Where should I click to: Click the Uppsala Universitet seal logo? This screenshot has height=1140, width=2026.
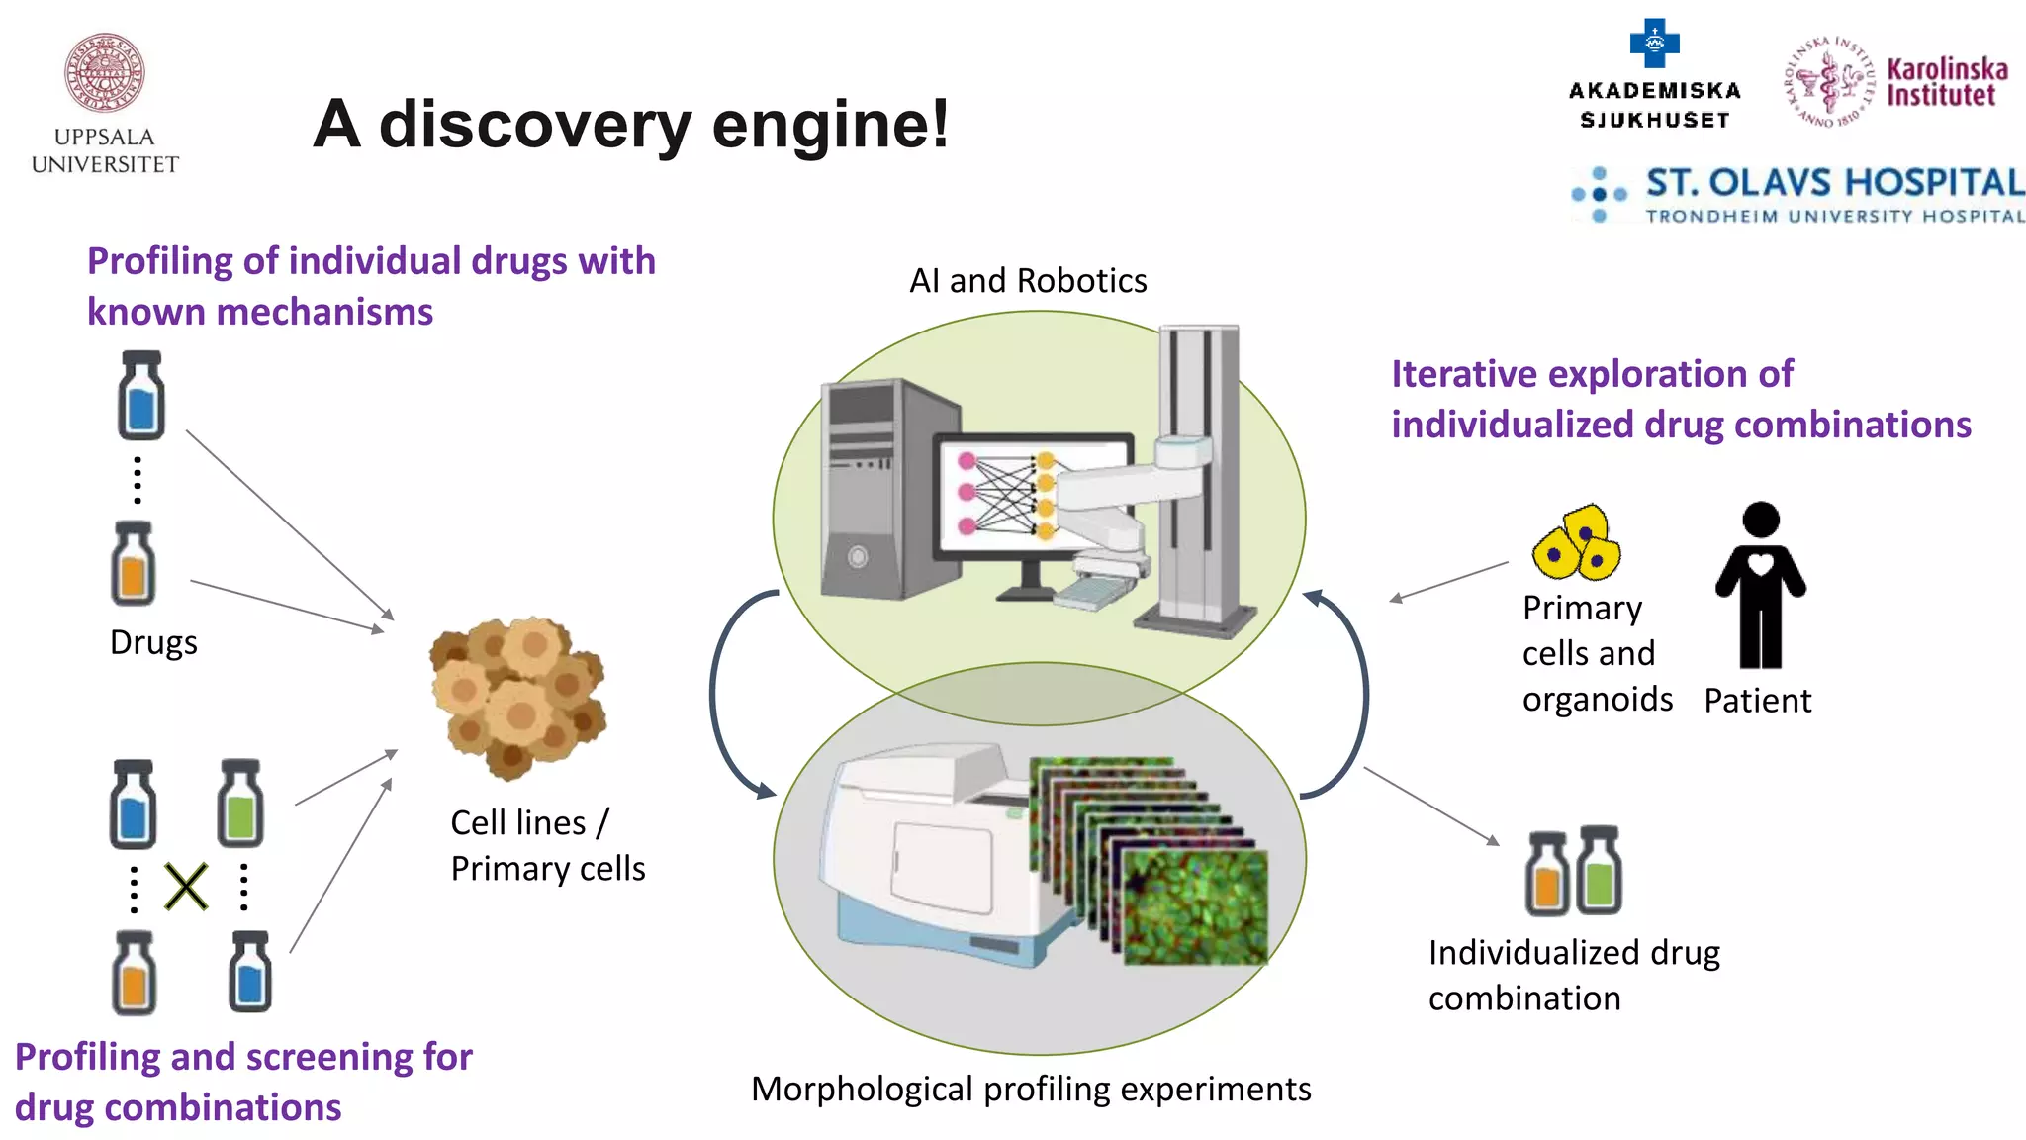coord(105,73)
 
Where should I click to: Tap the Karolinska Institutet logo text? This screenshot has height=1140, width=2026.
coord(1946,82)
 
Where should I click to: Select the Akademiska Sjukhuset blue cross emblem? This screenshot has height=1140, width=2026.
coord(1654,44)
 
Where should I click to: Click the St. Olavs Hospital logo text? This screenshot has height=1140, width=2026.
coord(1833,183)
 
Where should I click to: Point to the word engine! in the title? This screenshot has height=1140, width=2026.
coord(830,125)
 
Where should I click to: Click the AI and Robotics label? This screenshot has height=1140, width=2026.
coord(1028,281)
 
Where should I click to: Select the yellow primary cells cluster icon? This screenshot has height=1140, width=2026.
coord(1577,543)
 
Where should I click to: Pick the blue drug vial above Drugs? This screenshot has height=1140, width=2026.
coord(140,396)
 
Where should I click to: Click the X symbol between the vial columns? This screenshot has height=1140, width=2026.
coord(186,887)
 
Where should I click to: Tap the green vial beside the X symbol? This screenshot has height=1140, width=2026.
coord(240,804)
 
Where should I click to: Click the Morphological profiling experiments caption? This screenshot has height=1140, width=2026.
coord(1030,1089)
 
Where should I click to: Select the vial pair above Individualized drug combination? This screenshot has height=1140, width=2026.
coord(1573,871)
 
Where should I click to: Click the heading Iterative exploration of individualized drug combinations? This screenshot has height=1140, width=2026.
coord(1680,400)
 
